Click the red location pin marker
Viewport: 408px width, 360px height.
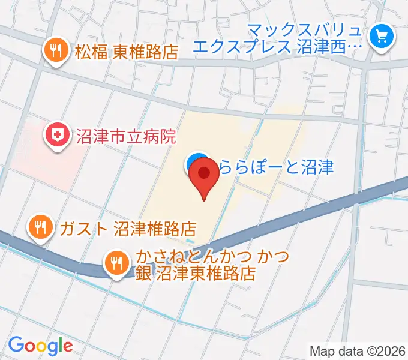click(x=204, y=176)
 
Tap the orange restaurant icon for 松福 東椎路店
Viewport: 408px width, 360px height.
click(x=56, y=51)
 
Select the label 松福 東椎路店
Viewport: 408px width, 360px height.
click(x=127, y=52)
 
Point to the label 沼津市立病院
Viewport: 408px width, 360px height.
click(x=126, y=137)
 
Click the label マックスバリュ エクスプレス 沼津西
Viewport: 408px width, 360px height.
click(x=296, y=37)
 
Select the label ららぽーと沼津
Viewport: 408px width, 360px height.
click(x=275, y=166)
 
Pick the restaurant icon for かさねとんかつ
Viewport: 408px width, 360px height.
click(x=116, y=263)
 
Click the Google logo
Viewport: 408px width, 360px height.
click(x=40, y=345)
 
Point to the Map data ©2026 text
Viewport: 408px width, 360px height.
click(x=358, y=350)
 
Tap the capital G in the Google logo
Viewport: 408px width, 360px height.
click(x=16, y=344)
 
